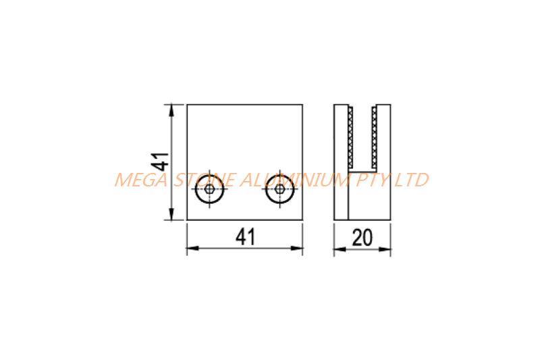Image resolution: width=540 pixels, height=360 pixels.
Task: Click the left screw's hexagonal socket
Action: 209,189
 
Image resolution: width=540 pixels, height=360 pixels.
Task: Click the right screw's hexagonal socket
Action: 280,189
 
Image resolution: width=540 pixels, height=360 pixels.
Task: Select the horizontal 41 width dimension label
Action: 246,236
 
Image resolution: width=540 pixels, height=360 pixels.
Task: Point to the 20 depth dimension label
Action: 362,237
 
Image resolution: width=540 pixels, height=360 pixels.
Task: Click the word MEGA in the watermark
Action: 140,180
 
